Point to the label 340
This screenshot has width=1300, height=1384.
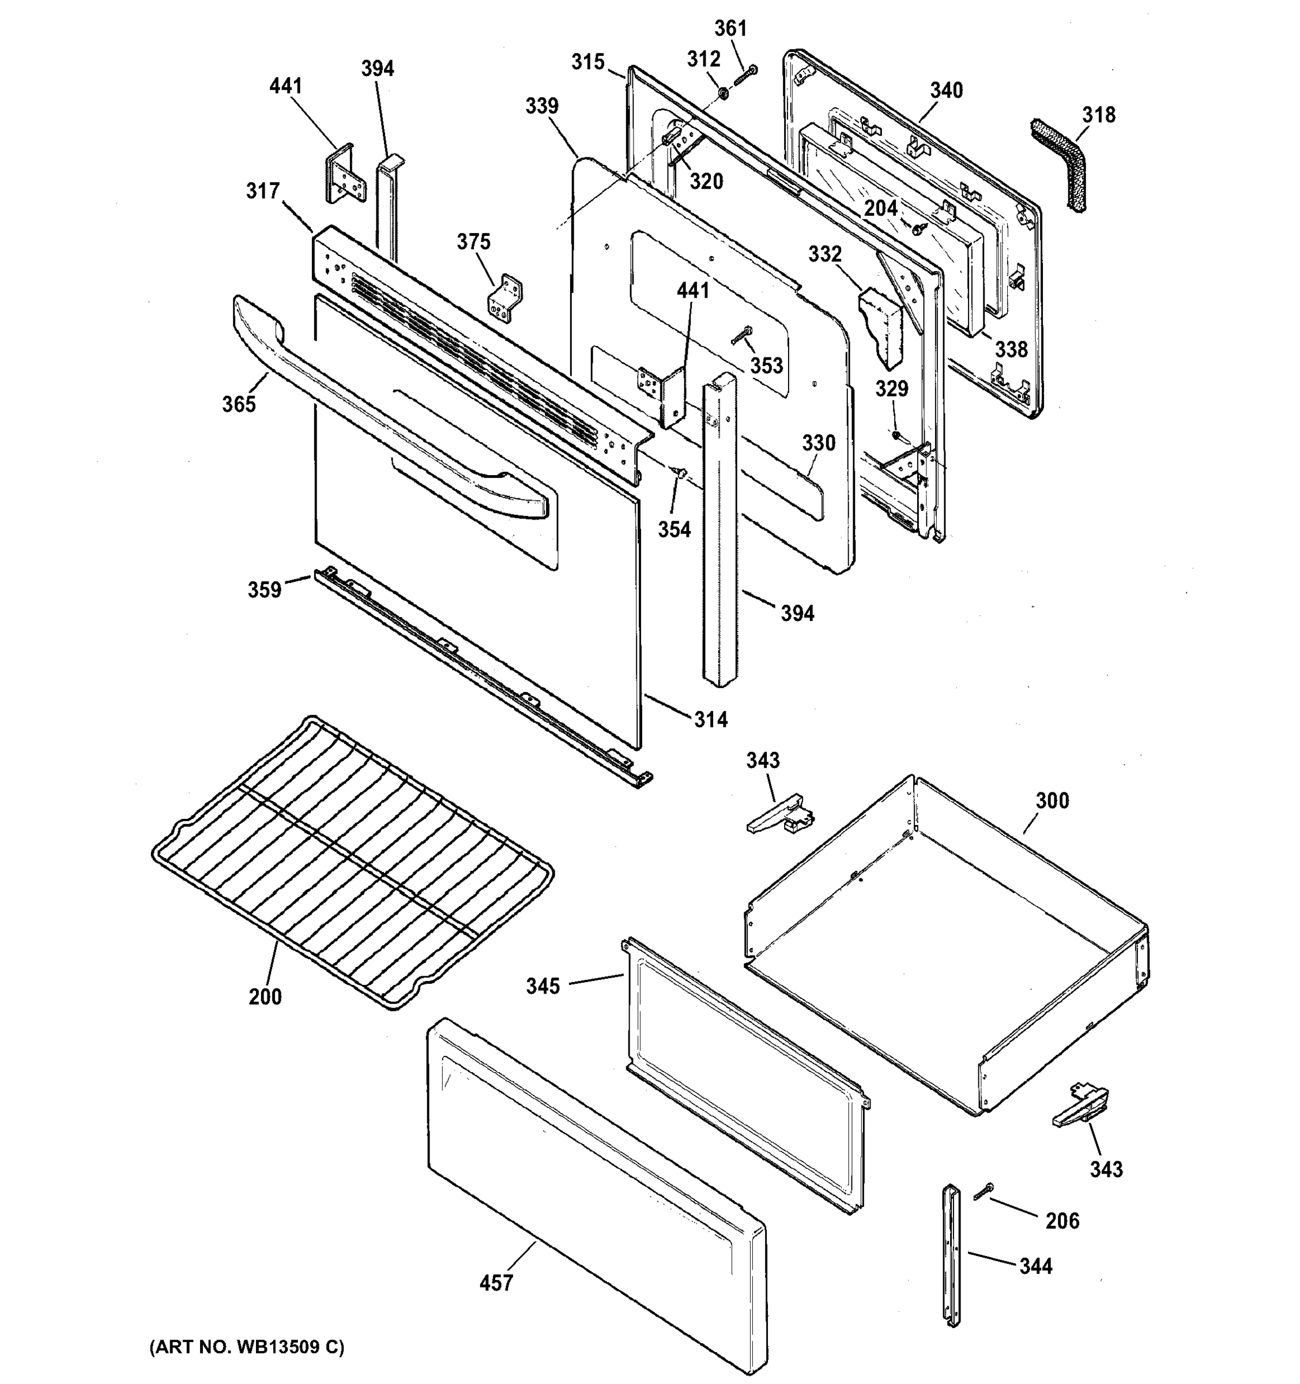coord(947,91)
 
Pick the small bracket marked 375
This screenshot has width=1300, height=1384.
coord(506,299)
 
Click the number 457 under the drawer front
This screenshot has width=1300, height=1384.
coord(496,1283)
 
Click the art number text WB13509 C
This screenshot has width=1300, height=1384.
coord(247,1347)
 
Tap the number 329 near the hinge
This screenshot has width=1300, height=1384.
coord(891,389)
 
